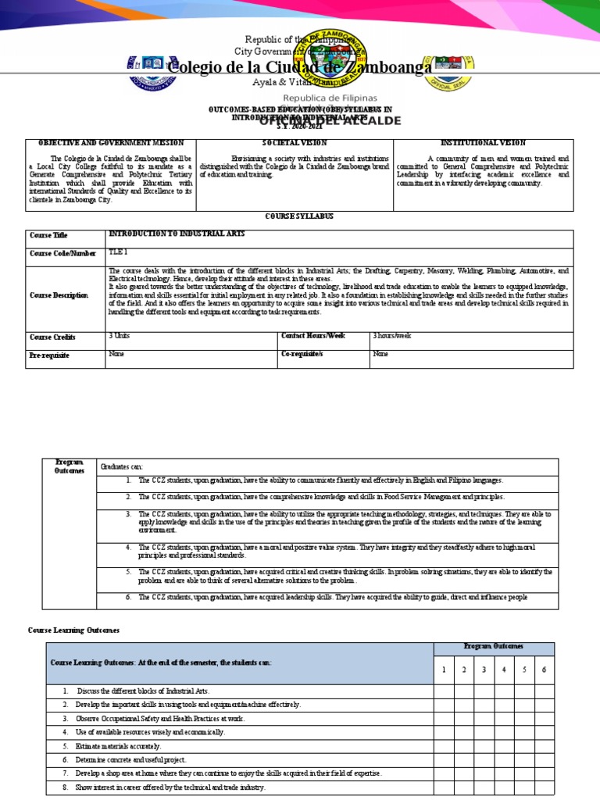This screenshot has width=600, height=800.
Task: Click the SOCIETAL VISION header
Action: click(295, 143)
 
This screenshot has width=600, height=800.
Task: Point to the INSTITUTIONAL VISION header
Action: click(484, 143)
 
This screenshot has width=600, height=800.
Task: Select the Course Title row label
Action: click(48, 234)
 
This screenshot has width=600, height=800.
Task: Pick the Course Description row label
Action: click(59, 295)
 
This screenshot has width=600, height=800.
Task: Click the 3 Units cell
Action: click(120, 335)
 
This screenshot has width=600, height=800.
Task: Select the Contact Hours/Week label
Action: click(312, 335)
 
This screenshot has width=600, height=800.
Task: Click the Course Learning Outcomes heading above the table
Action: click(73, 630)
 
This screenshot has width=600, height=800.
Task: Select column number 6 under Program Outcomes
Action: click(545, 670)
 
